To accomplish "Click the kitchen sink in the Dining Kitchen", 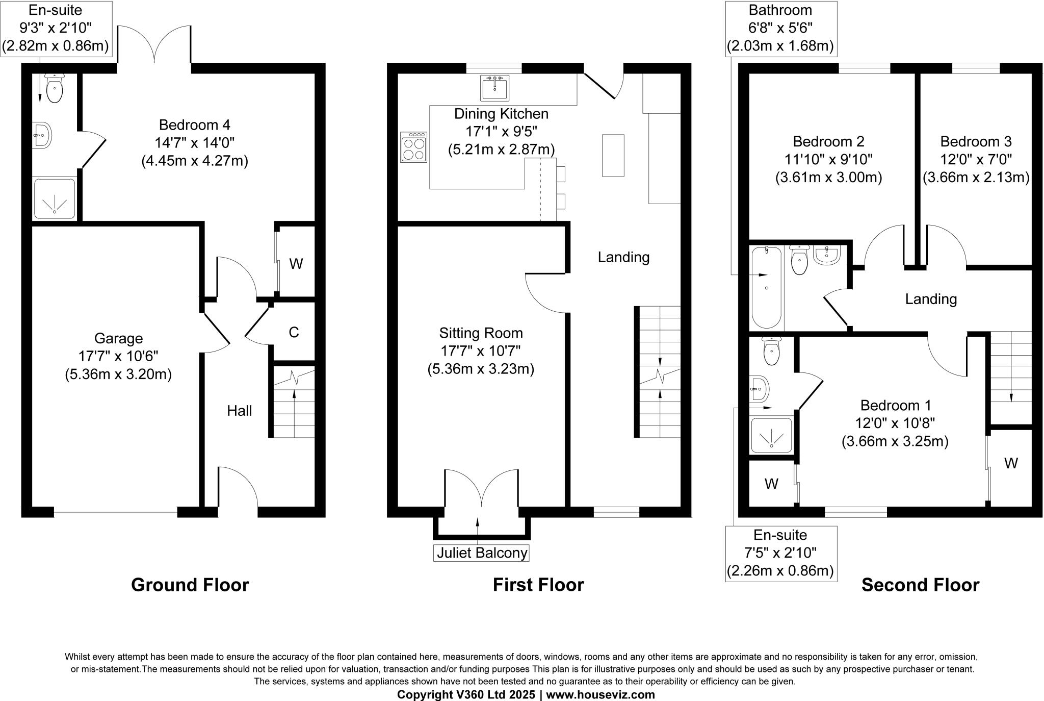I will (x=494, y=88).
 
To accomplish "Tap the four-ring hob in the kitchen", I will (x=413, y=147).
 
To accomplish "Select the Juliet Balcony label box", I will (x=481, y=553).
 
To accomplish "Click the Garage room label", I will (x=118, y=339).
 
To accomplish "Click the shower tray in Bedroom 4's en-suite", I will (x=54, y=198).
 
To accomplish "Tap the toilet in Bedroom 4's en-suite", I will (x=54, y=89).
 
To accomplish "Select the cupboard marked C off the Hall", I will (x=294, y=333).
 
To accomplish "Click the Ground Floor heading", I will (x=190, y=585).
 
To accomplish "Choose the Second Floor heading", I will (x=920, y=585).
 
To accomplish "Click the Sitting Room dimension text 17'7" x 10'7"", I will (x=481, y=351).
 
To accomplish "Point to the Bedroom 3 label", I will (x=976, y=141).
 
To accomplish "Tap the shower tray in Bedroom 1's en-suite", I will (x=771, y=435).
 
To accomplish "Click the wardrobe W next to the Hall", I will (x=296, y=264).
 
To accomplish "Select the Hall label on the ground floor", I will (x=239, y=411).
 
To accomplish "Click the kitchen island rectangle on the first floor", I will (x=613, y=155).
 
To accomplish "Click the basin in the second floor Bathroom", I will (x=826, y=255).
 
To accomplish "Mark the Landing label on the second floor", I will (x=930, y=299).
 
